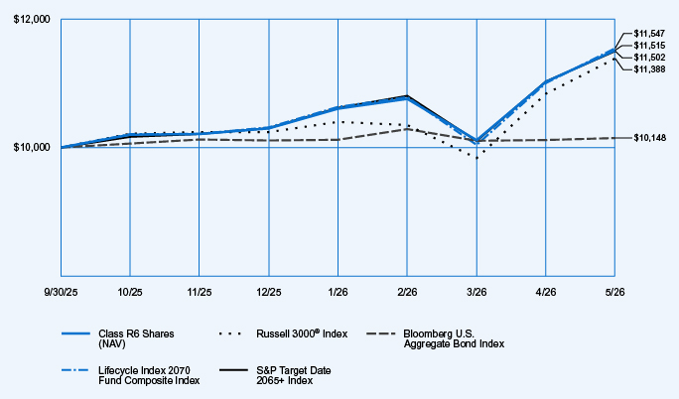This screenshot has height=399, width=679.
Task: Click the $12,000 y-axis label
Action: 32,20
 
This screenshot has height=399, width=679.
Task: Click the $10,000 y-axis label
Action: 32,148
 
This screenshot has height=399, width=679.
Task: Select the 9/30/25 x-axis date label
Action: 61,293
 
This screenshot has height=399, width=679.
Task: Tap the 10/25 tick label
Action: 130,293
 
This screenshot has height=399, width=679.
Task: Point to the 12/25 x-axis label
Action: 268,293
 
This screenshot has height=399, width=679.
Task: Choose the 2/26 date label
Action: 407,293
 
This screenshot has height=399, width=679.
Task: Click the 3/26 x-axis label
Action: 476,293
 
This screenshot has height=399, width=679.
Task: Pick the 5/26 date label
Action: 614,293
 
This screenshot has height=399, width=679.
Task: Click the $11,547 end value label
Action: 649,34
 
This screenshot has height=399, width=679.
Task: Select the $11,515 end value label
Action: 649,46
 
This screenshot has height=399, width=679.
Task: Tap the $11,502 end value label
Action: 649,58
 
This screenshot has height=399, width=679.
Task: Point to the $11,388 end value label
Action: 649,69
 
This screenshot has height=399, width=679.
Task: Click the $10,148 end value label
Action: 650,138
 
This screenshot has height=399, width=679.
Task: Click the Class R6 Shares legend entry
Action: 118,338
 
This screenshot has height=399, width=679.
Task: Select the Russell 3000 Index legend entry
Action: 283,333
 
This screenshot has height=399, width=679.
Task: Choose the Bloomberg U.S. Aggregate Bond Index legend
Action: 435,338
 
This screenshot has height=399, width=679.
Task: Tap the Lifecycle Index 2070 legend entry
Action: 131,375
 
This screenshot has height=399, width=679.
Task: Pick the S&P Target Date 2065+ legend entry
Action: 275,375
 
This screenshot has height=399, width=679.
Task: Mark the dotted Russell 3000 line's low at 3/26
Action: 476,158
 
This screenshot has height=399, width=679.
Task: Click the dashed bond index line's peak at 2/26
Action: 407,129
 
